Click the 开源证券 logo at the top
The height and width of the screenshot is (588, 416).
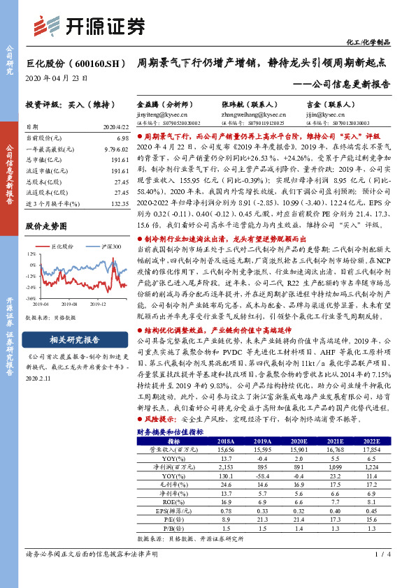click(x=91, y=25)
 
